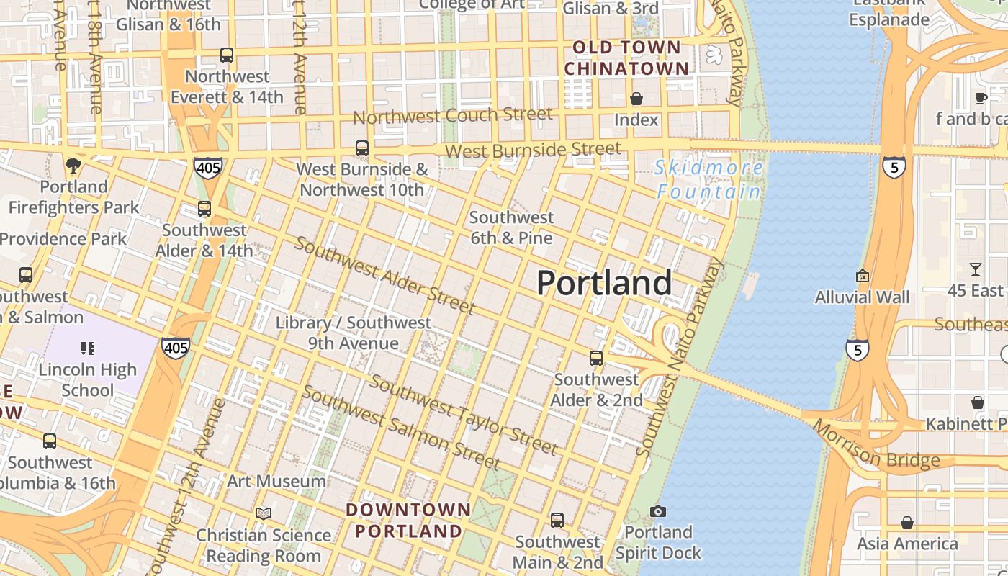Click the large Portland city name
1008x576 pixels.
pyautogui.click(x=604, y=283)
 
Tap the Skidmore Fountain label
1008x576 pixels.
pyautogui.click(x=709, y=180)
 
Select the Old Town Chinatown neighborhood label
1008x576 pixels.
pyautogui.click(x=626, y=58)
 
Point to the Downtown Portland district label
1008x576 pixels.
pyautogui.click(x=408, y=521)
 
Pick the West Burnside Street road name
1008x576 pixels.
pyautogui.click(x=533, y=150)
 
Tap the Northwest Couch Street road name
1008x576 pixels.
pyautogui.click(x=452, y=115)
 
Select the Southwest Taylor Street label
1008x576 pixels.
pyautogui.click(x=463, y=415)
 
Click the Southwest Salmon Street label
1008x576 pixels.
pyautogui.click(x=400, y=426)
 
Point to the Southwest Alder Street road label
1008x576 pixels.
pyautogui.click(x=384, y=275)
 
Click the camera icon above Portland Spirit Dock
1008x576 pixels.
pyautogui.click(x=657, y=511)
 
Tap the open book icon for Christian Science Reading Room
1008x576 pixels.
pyautogui.click(x=264, y=513)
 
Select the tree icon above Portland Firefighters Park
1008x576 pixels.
pyautogui.click(x=73, y=166)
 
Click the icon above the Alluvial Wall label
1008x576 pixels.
pyautogui.click(x=863, y=276)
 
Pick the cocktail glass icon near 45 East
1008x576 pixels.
pyautogui.click(x=976, y=269)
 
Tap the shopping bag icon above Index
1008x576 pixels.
pyautogui.click(x=636, y=99)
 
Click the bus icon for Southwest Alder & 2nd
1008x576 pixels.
pyautogui.click(x=596, y=358)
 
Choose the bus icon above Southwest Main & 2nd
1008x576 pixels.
pyautogui.click(x=557, y=520)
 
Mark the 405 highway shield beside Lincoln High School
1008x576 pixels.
pyautogui.click(x=176, y=348)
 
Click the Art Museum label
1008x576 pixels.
pyautogui.click(x=276, y=481)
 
